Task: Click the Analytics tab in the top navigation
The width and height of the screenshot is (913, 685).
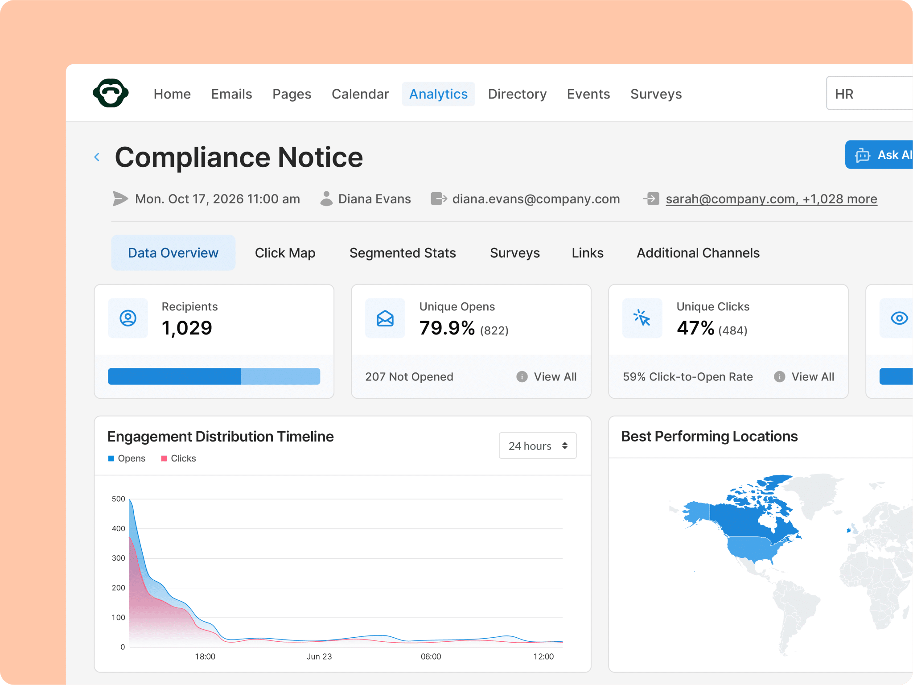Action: coord(438,94)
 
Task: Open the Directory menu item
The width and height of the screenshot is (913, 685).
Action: coord(517,94)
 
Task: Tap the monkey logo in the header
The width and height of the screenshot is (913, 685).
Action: coord(111,93)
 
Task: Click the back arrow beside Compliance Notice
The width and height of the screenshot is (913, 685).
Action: coord(97,157)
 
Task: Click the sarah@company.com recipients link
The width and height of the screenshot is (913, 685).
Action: coord(771,199)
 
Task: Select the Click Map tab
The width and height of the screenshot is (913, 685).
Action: coord(285,253)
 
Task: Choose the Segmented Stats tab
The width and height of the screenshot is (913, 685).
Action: coord(403,253)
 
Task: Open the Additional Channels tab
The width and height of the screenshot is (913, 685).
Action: coord(698,253)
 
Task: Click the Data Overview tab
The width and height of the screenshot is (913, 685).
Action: coord(173,253)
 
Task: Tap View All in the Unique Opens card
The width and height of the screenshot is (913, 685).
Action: coord(555,377)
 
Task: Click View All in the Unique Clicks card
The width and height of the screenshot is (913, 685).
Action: coord(813,377)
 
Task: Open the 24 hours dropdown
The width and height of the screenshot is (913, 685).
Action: coord(538,446)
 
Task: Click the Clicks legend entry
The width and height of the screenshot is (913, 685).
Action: coord(178,458)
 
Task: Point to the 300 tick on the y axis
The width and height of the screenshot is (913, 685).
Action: coord(119,558)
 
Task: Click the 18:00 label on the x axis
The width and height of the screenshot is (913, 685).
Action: coord(205,656)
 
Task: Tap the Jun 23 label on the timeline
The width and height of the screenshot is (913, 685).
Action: coord(319,656)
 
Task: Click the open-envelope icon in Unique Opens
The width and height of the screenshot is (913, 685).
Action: coord(385,318)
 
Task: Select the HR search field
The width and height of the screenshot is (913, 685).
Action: coord(869,93)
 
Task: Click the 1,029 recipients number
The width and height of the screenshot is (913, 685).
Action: coord(187,328)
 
